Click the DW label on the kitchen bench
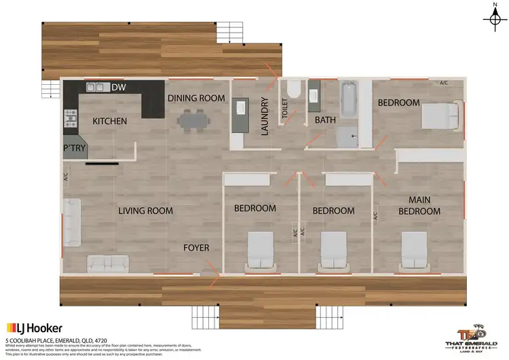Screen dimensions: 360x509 pyautogui.click(x=119, y=87)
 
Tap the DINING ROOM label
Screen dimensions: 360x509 pyautogui.click(x=196, y=98)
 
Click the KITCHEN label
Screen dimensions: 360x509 pyautogui.click(x=109, y=122)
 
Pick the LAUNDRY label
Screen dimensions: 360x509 pyautogui.click(x=265, y=117)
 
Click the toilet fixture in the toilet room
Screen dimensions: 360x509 pyautogui.click(x=293, y=91)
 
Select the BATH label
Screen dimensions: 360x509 pyautogui.click(x=326, y=121)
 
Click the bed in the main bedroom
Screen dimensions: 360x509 pyautogui.click(x=413, y=249)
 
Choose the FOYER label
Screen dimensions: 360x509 pyautogui.click(x=197, y=248)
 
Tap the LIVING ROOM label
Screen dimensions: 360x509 pyautogui.click(x=146, y=211)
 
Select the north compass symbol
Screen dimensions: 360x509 pyautogui.click(x=491, y=18)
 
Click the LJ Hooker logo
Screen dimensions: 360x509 pyautogui.click(x=33, y=327)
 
